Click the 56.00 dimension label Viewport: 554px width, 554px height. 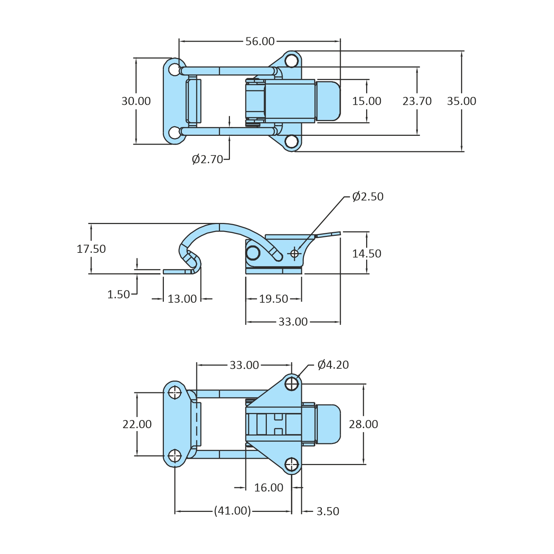pyautogui.click(x=260, y=41)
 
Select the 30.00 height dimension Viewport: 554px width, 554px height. pyautogui.click(x=136, y=101)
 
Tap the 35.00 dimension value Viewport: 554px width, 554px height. pyautogui.click(x=461, y=101)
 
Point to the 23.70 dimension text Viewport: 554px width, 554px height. pyautogui.click(x=417, y=101)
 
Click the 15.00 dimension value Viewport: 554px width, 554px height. pyautogui.click(x=367, y=101)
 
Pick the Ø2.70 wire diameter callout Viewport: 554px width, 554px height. pyautogui.click(x=207, y=159)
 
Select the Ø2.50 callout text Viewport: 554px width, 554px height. pyautogui.click(x=368, y=197)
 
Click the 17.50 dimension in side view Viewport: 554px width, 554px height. pyautogui.click(x=91, y=249)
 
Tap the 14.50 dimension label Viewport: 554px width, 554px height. pyautogui.click(x=367, y=254)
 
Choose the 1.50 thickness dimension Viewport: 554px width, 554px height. pyautogui.click(x=118, y=295)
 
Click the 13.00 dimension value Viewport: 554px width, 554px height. pyautogui.click(x=182, y=299)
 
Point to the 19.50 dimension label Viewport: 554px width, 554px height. pyautogui.click(x=273, y=299)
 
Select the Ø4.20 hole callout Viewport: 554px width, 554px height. pyautogui.click(x=333, y=365)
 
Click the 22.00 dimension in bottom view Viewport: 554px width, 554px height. pyautogui.click(x=137, y=424)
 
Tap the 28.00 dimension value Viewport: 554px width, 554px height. pyautogui.click(x=364, y=424)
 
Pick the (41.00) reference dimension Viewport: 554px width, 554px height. pyautogui.click(x=233, y=511)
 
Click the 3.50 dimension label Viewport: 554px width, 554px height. pyautogui.click(x=328, y=511)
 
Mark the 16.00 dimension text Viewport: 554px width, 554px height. pyautogui.click(x=269, y=488)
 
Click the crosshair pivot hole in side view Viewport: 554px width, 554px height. pyautogui.click(x=295, y=254)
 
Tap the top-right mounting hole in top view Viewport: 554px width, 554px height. pyautogui.click(x=292, y=61)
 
